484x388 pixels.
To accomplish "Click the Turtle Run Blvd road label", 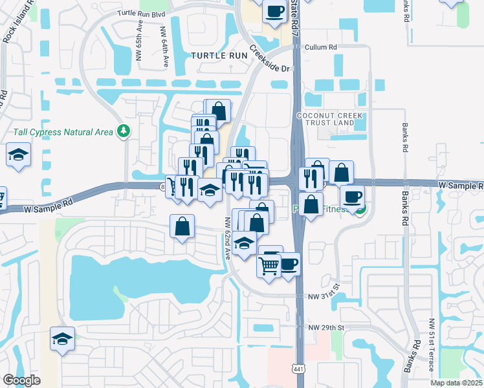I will [141, 13].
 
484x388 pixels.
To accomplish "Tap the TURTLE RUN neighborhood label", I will [219, 56].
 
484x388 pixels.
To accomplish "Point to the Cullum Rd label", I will [323, 47].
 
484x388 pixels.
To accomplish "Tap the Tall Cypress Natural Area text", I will [63, 132].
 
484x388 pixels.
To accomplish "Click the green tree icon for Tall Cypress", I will [123, 132].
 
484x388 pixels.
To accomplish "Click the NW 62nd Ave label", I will [228, 238].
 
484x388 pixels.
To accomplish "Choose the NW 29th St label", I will [325, 328].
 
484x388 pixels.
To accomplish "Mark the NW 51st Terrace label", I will [432, 345].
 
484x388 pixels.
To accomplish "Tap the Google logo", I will [21, 380].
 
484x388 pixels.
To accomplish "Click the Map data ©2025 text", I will [456, 383].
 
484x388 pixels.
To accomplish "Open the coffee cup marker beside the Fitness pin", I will [351, 197].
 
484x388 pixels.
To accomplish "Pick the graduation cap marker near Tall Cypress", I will [19, 155].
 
